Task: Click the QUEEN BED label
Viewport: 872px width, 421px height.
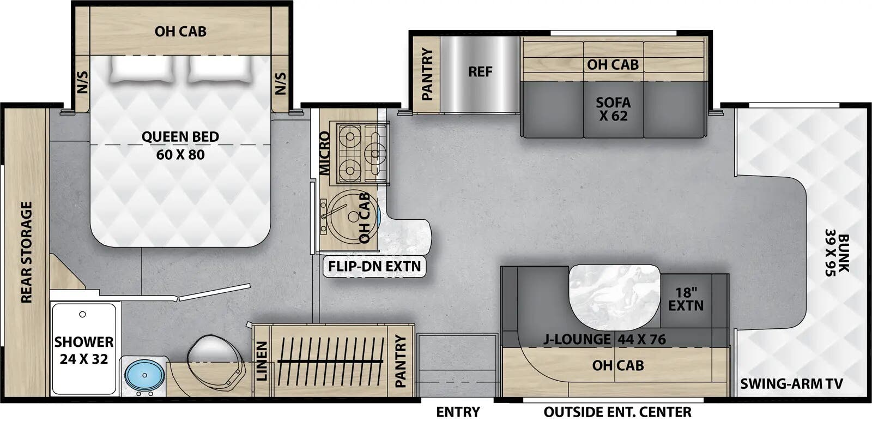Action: (180, 137)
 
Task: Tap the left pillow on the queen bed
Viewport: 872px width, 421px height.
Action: (142, 69)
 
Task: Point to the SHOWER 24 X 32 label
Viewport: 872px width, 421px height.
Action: (84, 350)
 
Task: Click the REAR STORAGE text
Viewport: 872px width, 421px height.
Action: (26, 252)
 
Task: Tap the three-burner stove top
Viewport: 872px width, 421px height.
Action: (362, 153)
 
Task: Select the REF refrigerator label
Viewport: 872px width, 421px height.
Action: (480, 72)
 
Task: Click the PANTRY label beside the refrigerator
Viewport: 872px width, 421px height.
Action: (427, 74)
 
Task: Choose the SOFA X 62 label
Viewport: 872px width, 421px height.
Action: (613, 109)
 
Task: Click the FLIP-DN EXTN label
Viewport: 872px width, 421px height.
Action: (374, 266)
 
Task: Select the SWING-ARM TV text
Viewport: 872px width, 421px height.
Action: (791, 384)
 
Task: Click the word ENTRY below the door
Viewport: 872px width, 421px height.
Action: (458, 412)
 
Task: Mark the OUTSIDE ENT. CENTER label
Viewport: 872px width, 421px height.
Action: (617, 412)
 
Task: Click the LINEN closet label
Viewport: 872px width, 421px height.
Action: (262, 361)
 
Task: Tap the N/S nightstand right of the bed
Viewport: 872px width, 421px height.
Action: (280, 83)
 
